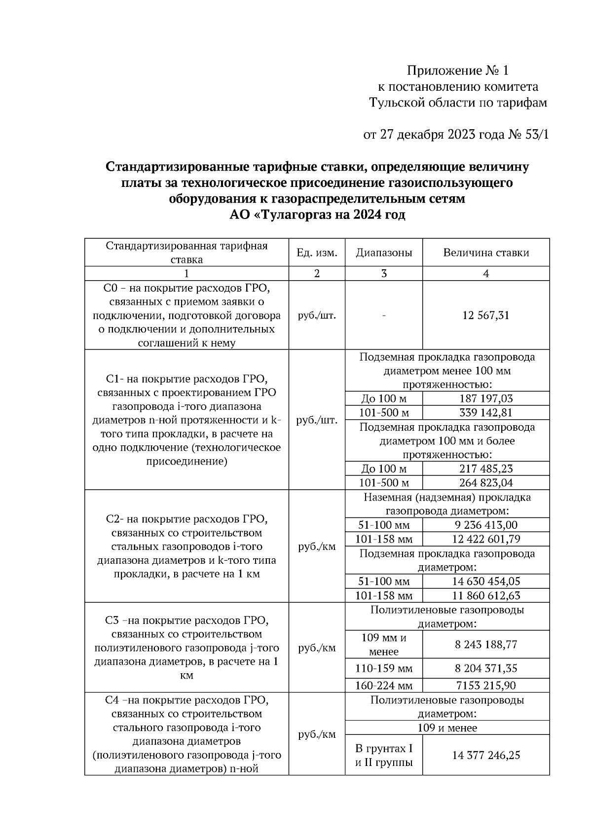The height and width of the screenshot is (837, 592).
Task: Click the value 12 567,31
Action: (x=486, y=315)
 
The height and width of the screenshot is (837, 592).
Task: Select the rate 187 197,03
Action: (x=486, y=399)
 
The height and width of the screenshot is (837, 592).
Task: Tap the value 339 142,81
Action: (x=486, y=412)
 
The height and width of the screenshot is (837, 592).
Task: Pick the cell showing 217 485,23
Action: (x=486, y=469)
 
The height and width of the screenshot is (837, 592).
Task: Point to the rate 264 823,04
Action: (x=486, y=482)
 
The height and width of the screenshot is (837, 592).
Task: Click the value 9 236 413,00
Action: (x=486, y=525)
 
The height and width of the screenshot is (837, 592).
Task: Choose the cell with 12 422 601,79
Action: (x=486, y=539)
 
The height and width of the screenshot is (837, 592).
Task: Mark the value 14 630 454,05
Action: (x=486, y=581)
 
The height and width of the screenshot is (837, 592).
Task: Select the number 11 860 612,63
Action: (x=486, y=595)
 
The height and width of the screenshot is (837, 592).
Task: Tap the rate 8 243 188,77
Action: (x=486, y=644)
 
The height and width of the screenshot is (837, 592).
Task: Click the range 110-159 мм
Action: (x=384, y=668)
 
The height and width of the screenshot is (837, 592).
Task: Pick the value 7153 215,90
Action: (x=486, y=685)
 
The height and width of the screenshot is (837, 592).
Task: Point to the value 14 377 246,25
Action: (x=486, y=755)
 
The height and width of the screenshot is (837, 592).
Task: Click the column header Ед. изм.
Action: (x=317, y=253)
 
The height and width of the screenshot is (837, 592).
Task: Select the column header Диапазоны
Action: (x=384, y=253)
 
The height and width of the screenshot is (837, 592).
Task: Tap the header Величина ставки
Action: (x=486, y=253)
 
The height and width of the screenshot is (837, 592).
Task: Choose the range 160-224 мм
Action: (x=384, y=685)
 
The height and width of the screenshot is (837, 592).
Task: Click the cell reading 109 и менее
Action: (x=447, y=728)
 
